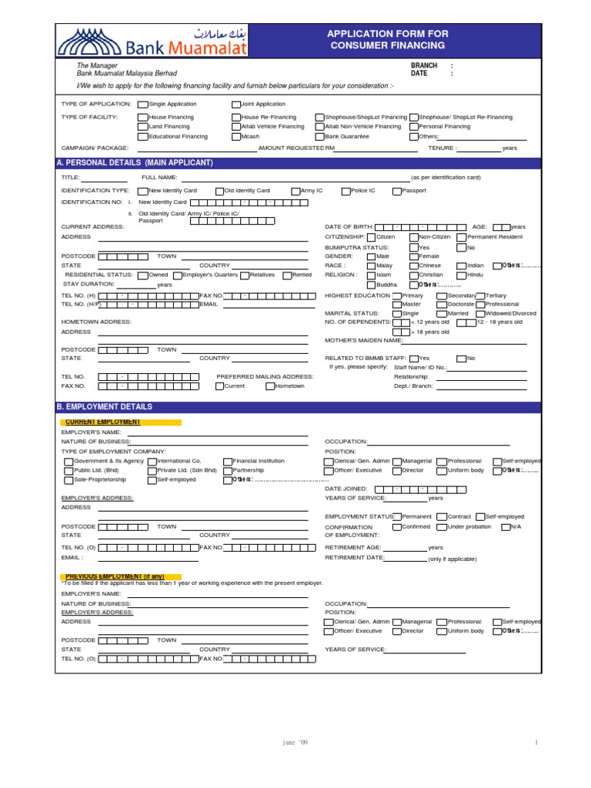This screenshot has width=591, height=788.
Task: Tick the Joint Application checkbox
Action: (x=235, y=104)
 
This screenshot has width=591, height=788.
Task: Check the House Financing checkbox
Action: (x=142, y=117)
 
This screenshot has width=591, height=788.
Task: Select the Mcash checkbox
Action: (x=235, y=136)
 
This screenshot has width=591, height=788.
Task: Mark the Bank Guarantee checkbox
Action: (x=319, y=136)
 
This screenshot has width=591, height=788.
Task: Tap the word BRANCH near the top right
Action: (x=423, y=66)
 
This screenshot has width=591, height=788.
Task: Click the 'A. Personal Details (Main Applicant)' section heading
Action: (x=135, y=162)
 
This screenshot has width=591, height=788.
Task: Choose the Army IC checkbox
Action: (x=295, y=190)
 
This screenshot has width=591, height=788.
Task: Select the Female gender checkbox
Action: (x=413, y=256)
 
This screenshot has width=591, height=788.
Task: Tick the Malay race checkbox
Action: (x=371, y=265)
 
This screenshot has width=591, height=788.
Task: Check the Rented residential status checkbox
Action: (x=287, y=275)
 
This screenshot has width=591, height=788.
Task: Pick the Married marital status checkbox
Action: (x=441, y=314)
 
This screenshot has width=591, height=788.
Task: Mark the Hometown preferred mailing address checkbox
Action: (x=269, y=386)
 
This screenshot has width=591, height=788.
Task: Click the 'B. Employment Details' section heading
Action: (x=105, y=406)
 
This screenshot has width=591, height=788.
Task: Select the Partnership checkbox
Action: (x=228, y=470)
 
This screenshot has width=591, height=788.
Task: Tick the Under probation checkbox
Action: (x=441, y=527)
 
